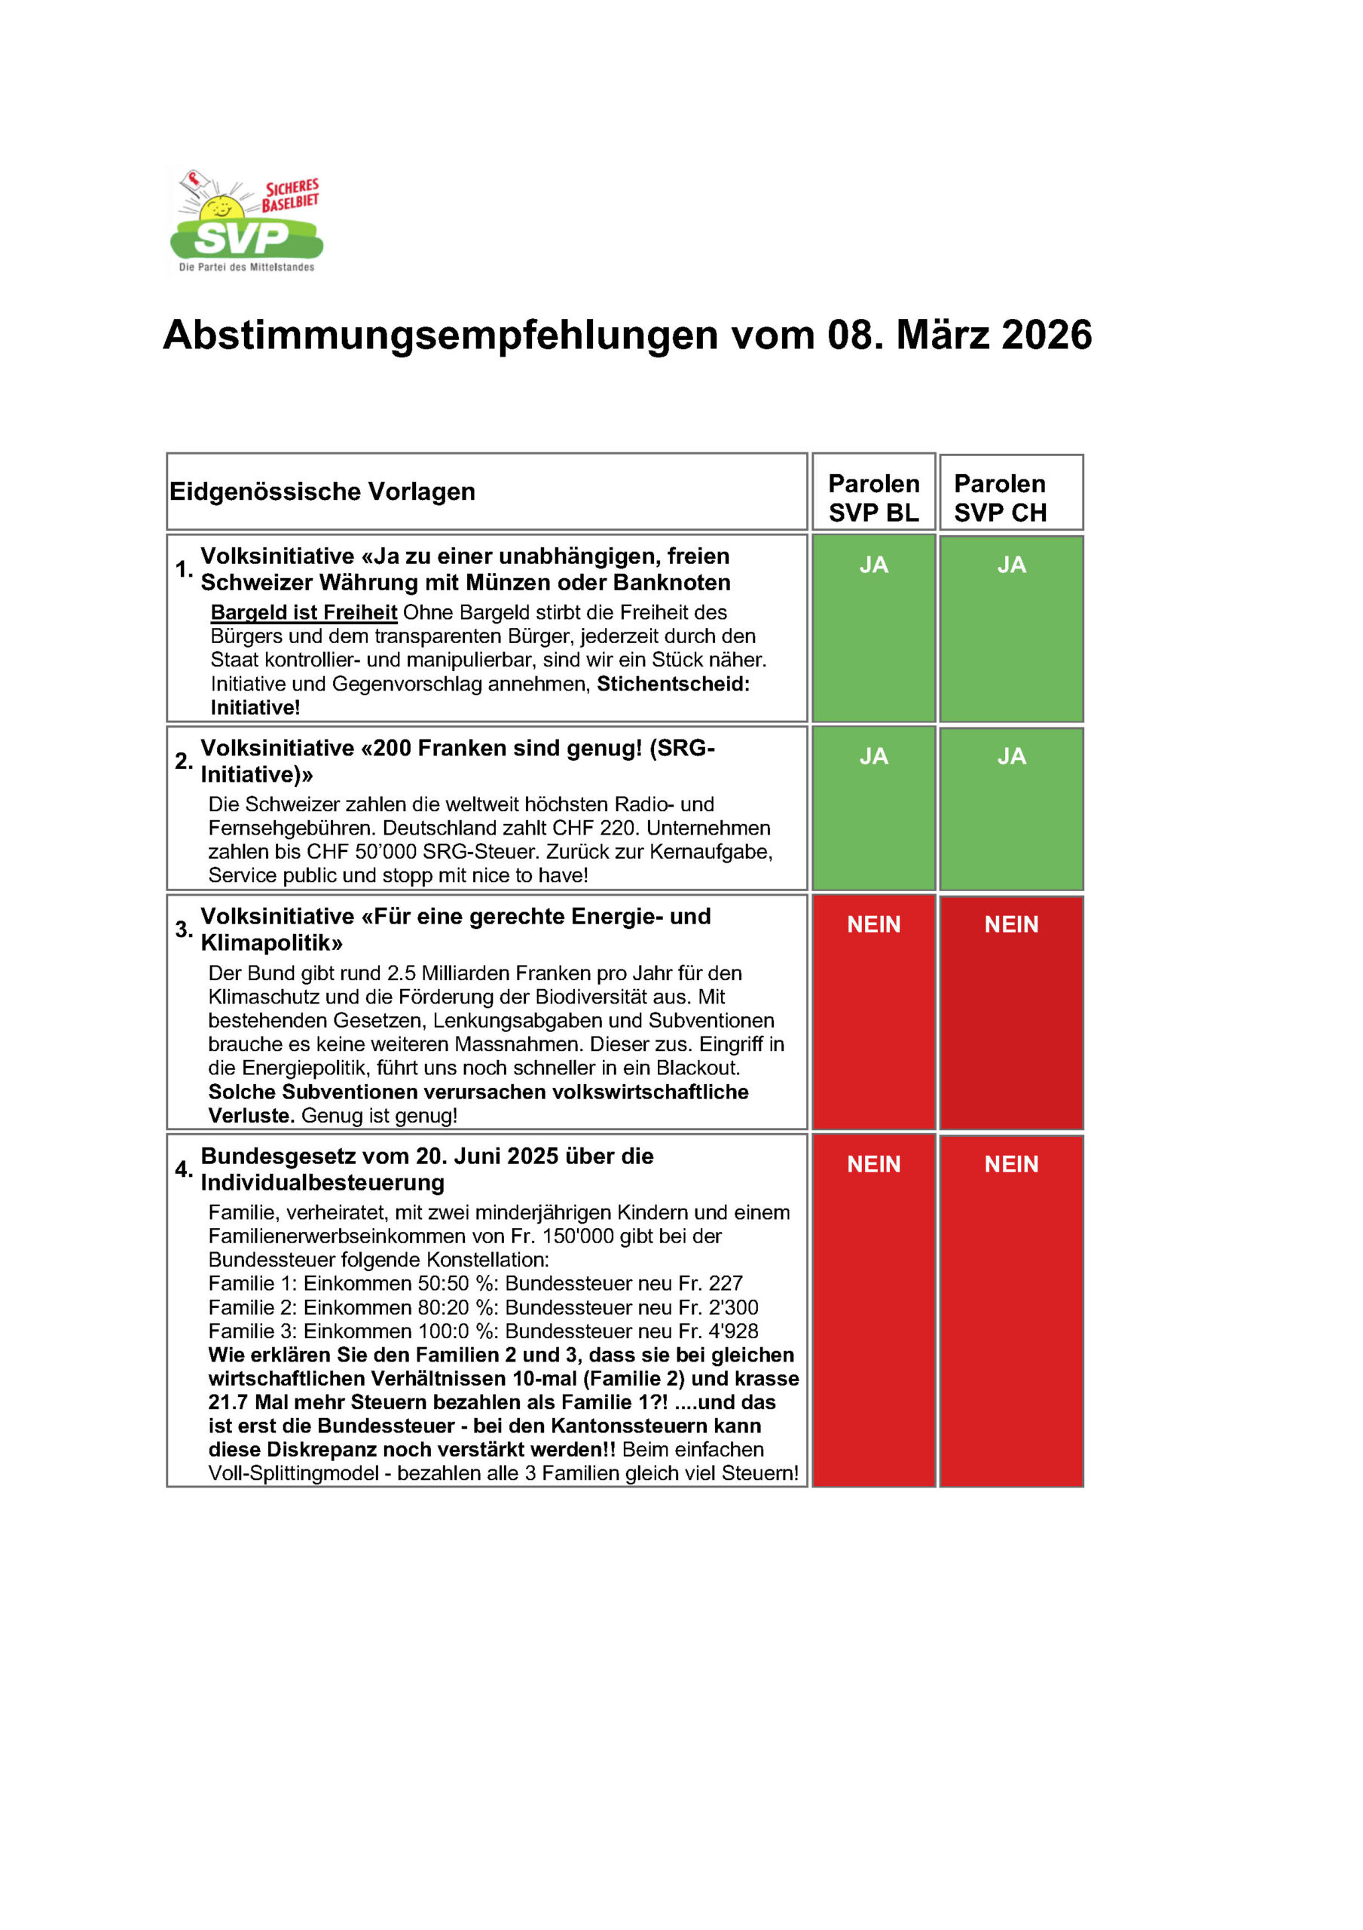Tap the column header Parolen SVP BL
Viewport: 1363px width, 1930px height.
point(873,498)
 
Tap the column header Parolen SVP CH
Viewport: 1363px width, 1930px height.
point(1000,498)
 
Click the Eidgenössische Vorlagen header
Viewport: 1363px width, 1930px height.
point(322,492)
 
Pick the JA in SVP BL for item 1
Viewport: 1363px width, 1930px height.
point(873,565)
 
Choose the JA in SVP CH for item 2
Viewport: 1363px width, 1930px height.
point(1011,756)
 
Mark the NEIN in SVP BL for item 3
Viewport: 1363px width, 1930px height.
point(873,924)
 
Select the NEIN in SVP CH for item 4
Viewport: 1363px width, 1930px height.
point(1011,1164)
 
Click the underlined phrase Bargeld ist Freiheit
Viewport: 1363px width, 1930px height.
point(304,613)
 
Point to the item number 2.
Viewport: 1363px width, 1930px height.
point(183,761)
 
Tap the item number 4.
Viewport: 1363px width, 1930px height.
point(183,1169)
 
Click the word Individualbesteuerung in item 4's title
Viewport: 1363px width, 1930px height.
point(322,1183)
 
